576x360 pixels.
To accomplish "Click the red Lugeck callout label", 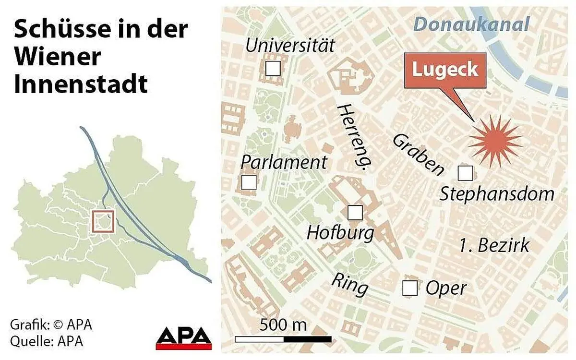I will tap(445, 70).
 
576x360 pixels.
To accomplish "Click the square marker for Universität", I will tap(273, 68).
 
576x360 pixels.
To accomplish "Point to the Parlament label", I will tap(283, 162).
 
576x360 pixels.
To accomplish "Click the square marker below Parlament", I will tap(249, 182).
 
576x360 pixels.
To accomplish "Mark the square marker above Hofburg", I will tap(355, 212).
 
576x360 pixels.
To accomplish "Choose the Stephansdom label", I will tap(497, 194).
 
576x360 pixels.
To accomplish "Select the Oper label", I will tap(446, 288).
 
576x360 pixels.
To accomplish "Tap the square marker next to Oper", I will tap(409, 288).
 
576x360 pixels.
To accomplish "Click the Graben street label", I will tap(418, 155).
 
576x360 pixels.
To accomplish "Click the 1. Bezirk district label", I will tap(494, 245).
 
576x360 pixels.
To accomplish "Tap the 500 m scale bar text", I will tap(283, 325).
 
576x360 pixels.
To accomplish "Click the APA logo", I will tap(184, 338).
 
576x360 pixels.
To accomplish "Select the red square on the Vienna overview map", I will tap(103, 221).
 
